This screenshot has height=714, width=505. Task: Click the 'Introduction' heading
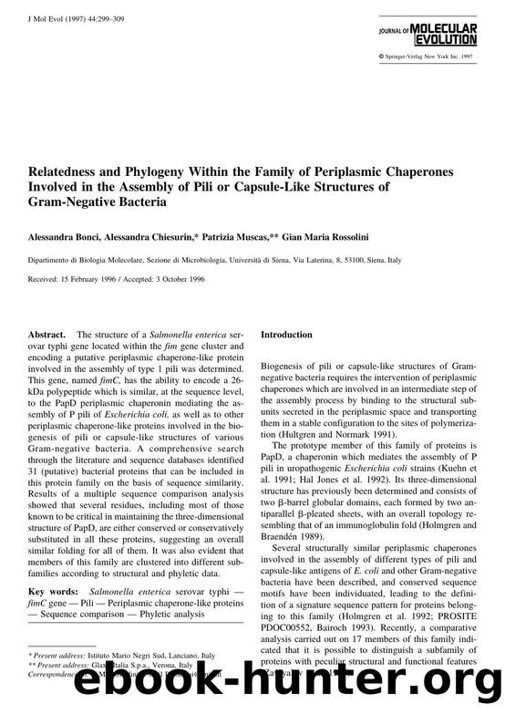[x=287, y=336]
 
